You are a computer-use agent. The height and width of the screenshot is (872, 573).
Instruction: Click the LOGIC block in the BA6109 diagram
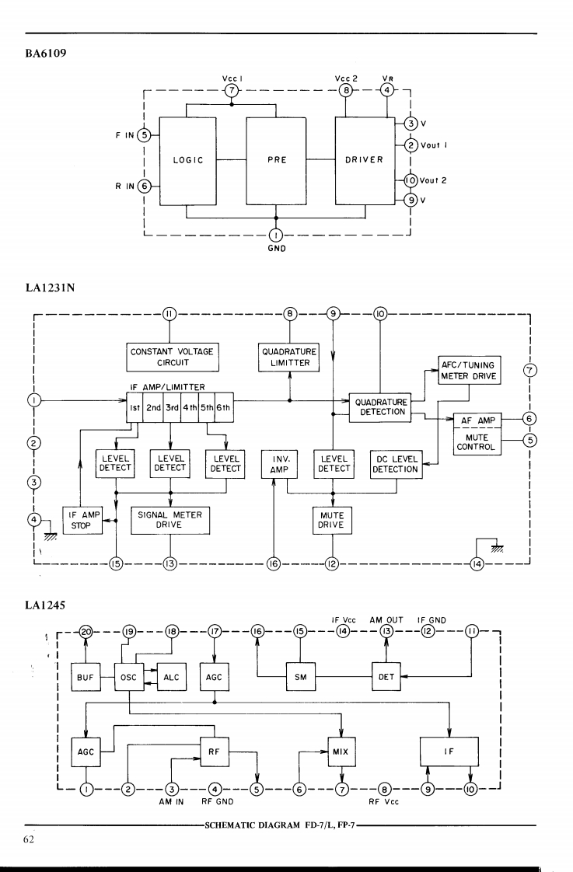coord(187,161)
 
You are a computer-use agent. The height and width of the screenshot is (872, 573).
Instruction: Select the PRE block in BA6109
coord(276,161)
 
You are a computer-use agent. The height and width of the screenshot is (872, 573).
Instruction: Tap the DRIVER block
coord(365,161)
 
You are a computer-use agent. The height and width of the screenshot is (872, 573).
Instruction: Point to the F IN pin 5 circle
coord(144,134)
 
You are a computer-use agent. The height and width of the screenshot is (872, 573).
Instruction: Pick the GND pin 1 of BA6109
coord(276,235)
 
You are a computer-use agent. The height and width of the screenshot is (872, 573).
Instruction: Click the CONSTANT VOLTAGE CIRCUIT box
coord(171,357)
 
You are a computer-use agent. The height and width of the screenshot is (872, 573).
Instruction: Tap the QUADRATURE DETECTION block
coord(380,407)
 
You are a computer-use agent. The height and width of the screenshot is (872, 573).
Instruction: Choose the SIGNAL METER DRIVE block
coord(169,519)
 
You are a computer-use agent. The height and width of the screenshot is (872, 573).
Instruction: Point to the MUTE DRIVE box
coord(333,520)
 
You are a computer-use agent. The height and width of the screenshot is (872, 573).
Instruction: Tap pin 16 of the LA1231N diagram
coord(274,564)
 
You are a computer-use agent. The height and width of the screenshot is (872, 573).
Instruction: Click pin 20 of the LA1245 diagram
coord(86,633)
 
